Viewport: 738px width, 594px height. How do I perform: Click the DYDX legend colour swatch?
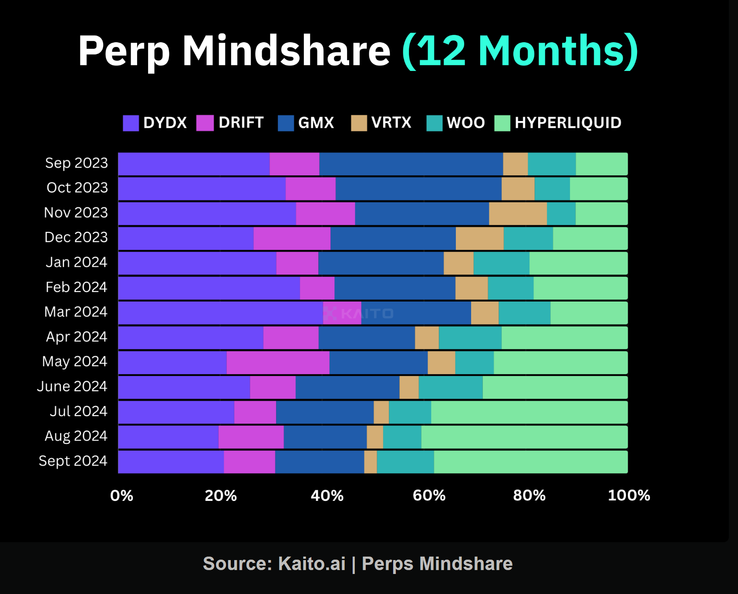click(x=131, y=123)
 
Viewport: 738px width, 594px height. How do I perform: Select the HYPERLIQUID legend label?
click(x=568, y=123)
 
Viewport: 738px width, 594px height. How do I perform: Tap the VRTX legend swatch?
click(x=359, y=123)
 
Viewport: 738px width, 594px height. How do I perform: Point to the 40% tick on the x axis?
click(x=327, y=496)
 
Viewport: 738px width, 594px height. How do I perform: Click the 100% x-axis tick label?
click(x=629, y=496)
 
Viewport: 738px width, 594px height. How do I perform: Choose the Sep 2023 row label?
click(x=77, y=163)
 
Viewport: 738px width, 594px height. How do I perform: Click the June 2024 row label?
click(x=72, y=386)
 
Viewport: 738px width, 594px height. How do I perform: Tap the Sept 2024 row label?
click(x=73, y=461)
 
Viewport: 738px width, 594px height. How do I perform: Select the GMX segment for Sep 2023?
click(x=411, y=164)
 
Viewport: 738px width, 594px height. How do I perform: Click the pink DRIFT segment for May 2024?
click(x=278, y=363)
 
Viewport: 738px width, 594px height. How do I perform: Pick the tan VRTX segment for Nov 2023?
click(x=518, y=214)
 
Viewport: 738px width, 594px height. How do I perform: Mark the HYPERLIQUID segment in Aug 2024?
click(x=524, y=437)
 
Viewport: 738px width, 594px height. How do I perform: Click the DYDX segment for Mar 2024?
click(x=220, y=313)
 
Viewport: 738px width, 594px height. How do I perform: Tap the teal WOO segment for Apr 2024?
click(x=470, y=338)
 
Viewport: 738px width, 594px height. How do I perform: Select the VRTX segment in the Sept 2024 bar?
click(x=371, y=462)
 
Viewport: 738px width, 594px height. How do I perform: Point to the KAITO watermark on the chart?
click(x=359, y=313)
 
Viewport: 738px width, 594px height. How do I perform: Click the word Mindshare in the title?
click(x=286, y=51)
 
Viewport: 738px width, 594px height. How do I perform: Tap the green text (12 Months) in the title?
click(x=520, y=51)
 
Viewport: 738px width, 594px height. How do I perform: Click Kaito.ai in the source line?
click(x=312, y=564)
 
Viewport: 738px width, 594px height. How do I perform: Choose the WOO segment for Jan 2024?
click(x=501, y=263)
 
